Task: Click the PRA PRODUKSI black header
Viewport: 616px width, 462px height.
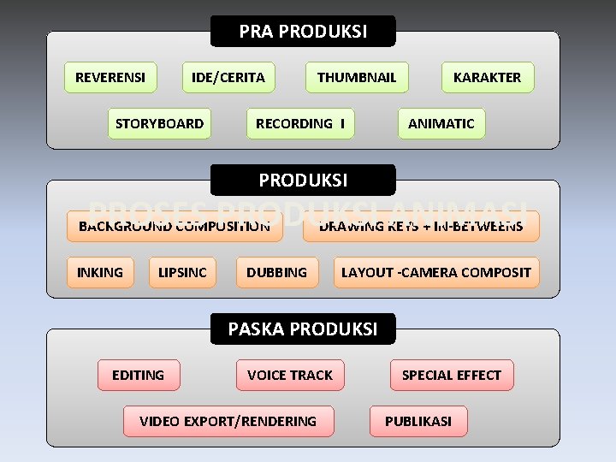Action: coord(303,32)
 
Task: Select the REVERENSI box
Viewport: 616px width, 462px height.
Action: coord(110,77)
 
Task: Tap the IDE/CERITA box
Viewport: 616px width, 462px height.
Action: coord(228,77)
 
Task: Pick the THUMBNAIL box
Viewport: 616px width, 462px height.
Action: coord(357,77)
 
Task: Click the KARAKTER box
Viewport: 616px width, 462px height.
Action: coord(487,77)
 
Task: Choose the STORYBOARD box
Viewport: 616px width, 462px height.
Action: coord(159,123)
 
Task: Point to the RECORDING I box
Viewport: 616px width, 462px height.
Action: coord(300,123)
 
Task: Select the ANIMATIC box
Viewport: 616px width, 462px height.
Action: coord(441,123)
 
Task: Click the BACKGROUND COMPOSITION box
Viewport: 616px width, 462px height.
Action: coord(175,227)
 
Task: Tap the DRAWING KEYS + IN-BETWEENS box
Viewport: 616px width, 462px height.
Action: coord(421,227)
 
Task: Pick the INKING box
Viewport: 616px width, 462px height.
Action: coord(100,272)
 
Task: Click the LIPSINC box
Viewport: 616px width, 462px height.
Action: coord(182,272)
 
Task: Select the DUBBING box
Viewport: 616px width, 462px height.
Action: coord(276,272)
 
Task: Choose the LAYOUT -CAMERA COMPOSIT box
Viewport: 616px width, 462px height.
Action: coord(436,272)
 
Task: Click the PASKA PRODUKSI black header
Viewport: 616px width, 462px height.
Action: coord(303,329)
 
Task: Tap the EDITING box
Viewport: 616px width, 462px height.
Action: coord(138,375)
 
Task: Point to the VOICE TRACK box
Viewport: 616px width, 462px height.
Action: coord(290,375)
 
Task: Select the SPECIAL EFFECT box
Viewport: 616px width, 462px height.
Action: coord(452,375)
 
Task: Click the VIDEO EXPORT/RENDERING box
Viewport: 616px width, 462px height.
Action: coord(228,421)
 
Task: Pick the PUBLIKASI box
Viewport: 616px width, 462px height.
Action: coord(418,421)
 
